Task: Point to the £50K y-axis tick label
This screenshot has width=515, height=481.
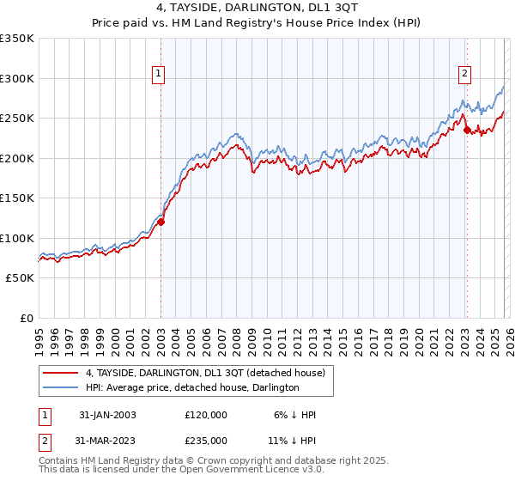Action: pyautogui.click(x=20, y=278)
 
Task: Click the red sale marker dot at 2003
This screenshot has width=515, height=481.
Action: pyautogui.click(x=161, y=222)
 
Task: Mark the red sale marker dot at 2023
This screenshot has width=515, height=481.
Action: pyautogui.click(x=467, y=131)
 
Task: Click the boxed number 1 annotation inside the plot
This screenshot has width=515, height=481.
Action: pyautogui.click(x=160, y=75)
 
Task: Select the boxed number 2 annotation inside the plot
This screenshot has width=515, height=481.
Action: pyautogui.click(x=464, y=75)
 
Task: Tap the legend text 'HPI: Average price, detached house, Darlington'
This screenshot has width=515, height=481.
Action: pyautogui.click(x=191, y=388)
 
